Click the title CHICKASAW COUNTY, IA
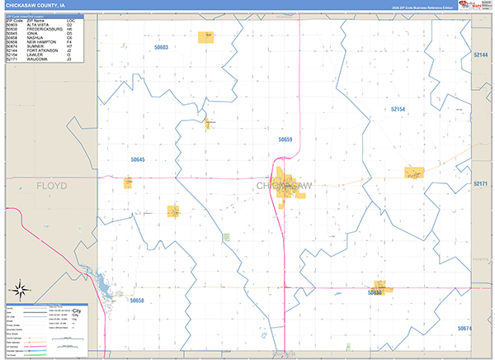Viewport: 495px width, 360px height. click(x=35, y=5)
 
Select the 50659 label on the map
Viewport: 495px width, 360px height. click(x=285, y=140)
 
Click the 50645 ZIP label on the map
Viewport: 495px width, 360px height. click(x=137, y=159)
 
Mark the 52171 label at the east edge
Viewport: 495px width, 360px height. click(x=482, y=183)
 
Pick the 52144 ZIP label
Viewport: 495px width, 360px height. click(x=482, y=54)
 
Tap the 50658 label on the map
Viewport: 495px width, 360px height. click(x=137, y=301)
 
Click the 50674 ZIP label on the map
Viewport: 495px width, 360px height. click(x=466, y=329)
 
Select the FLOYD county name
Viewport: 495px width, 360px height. click(x=51, y=186)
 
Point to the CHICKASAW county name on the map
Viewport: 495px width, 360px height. click(x=285, y=186)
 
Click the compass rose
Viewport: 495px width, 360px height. click(x=20, y=291)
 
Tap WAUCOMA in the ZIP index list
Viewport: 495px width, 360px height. click(x=36, y=59)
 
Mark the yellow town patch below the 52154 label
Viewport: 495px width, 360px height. click(x=413, y=173)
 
